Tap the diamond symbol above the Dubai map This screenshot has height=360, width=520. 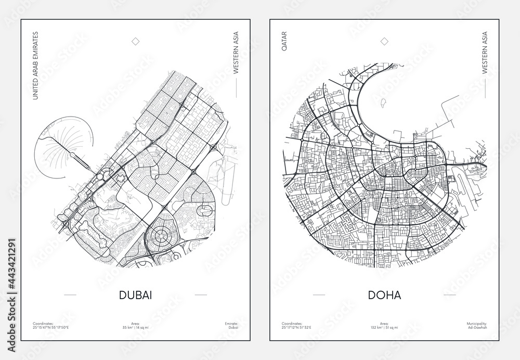[136, 41]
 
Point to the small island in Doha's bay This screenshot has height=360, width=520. [383, 102]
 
